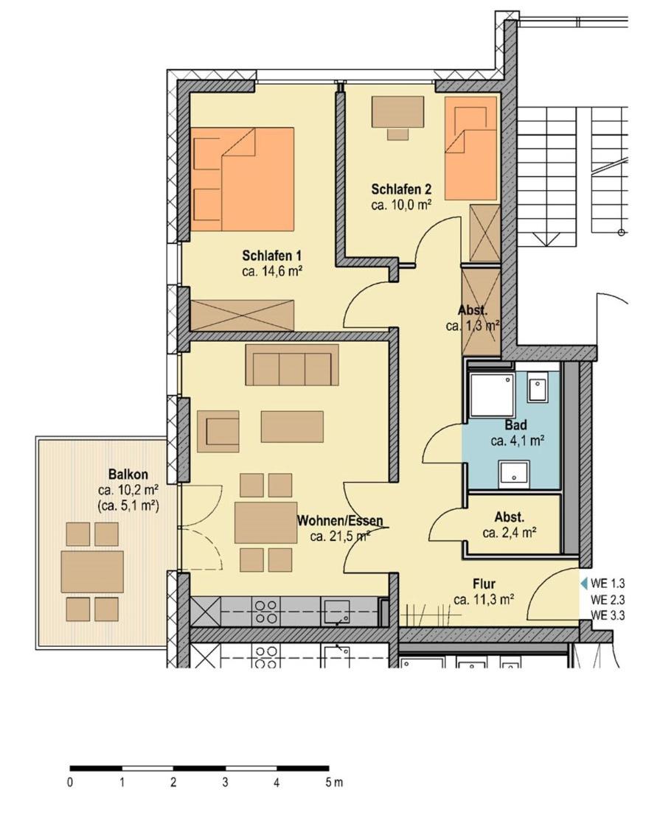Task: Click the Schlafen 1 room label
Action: tap(271, 256)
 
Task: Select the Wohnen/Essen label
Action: tap(340, 521)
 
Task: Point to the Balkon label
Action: tap(128, 474)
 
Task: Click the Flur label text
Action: tap(484, 584)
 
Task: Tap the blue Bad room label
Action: tap(515, 424)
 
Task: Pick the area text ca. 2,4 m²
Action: tap(510, 533)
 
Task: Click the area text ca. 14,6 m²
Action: tap(271, 272)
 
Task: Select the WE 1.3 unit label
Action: tap(608, 584)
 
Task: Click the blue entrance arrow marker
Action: tap(583, 584)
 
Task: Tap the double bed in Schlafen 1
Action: tap(243, 179)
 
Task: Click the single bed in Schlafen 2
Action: tap(470, 148)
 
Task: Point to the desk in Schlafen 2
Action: tap(398, 112)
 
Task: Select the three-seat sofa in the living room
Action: tap(292, 365)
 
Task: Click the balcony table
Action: tap(92, 572)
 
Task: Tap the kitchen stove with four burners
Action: tap(266, 612)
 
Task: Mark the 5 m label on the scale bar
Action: tap(334, 782)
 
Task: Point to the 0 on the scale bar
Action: tap(70, 783)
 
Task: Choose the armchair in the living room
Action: tap(218, 432)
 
